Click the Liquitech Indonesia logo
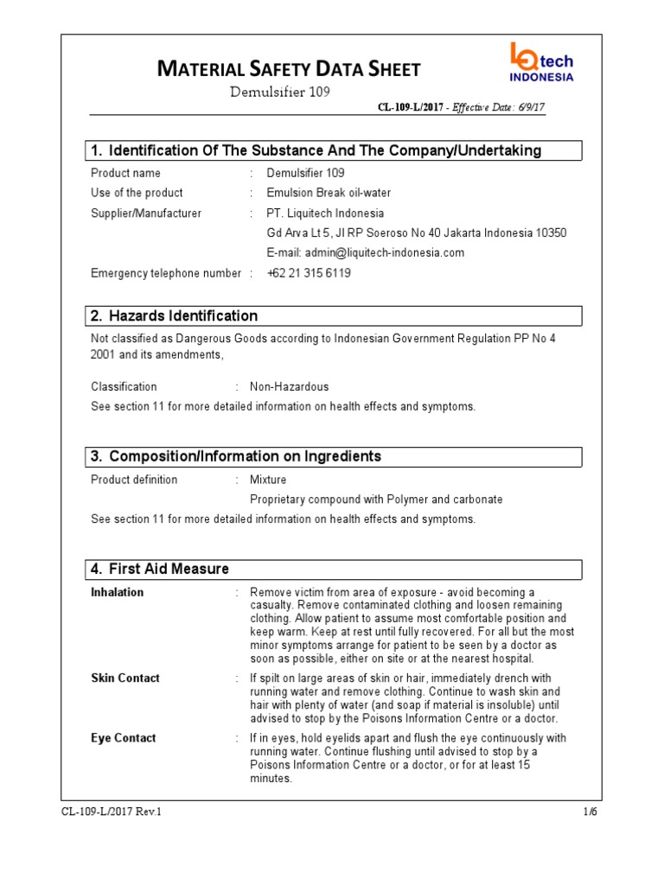[541, 64]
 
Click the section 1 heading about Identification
[316, 151]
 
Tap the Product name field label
[125, 173]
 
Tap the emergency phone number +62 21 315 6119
[309, 273]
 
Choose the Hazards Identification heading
[183, 316]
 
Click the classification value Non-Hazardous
[289, 386]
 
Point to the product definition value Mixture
[268, 480]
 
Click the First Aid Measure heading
[169, 569]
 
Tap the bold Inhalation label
[118, 592]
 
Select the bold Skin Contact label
[125, 678]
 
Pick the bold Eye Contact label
[124, 738]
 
